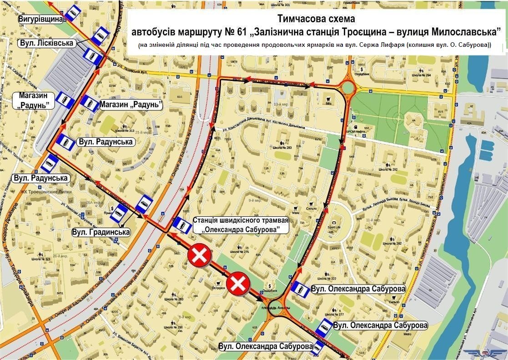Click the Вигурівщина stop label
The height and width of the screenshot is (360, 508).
coord(40,20)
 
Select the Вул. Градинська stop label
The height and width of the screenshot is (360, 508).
coord(101,232)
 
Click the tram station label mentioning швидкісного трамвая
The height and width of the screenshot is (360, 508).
coord(241,225)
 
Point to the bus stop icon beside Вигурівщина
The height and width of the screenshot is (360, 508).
coord(72,14)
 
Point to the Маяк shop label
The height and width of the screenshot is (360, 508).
coord(296,213)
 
